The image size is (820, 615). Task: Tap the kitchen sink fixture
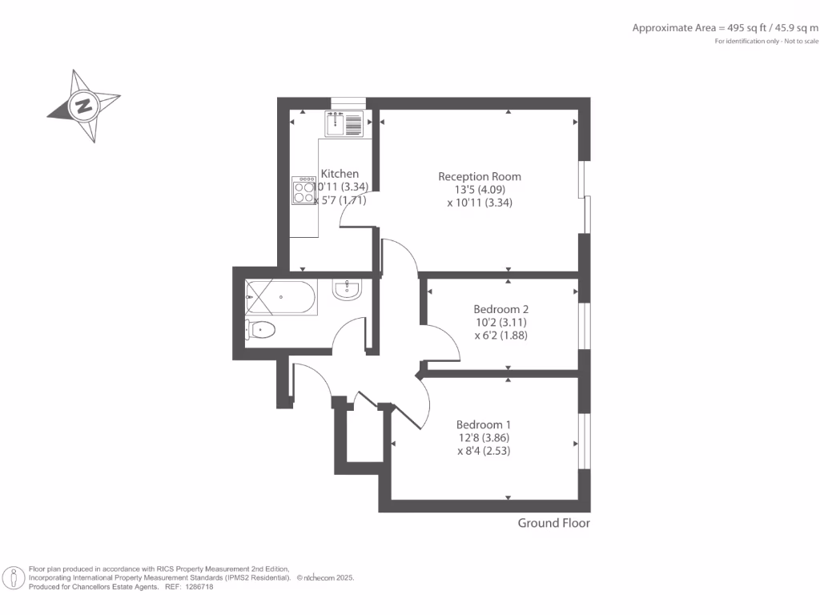click(344, 123)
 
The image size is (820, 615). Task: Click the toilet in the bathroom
click(261, 329)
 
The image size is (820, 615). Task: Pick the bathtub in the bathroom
click(283, 297)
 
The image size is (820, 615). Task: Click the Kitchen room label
click(340, 174)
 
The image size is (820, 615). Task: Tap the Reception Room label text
click(480, 176)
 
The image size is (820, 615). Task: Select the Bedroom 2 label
click(500, 309)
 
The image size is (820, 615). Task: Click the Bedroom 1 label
click(484, 424)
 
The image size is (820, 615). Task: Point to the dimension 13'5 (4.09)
click(480, 190)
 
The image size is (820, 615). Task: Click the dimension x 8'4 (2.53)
click(484, 451)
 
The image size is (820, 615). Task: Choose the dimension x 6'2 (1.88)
click(500, 336)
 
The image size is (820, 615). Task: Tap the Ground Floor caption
click(553, 523)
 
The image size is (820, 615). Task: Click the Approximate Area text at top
click(726, 28)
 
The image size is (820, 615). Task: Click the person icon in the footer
click(14, 577)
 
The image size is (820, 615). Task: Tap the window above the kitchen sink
click(348, 102)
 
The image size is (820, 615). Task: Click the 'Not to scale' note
click(802, 41)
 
